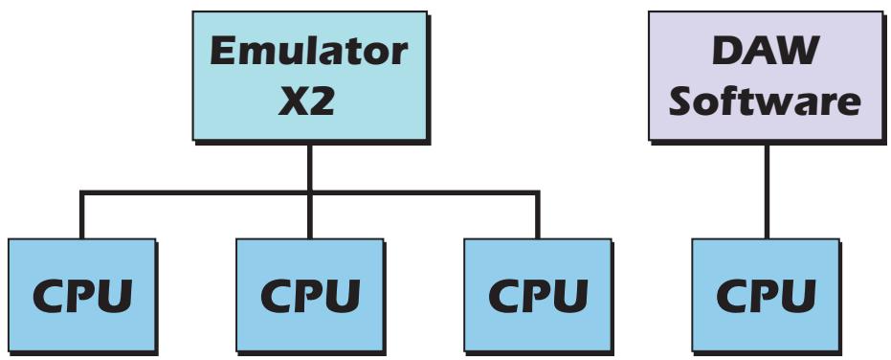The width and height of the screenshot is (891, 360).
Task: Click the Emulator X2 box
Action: click(307, 77)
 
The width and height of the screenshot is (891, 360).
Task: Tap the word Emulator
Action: click(307, 53)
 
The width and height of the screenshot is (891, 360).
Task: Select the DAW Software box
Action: click(765, 77)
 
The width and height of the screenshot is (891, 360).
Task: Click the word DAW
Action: click(765, 53)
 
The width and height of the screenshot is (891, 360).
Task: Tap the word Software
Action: click(765, 101)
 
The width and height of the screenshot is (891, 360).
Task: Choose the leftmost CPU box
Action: click(80, 295)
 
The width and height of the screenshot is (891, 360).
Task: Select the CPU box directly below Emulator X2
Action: click(308, 295)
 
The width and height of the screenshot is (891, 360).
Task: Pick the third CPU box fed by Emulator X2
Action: click(536, 295)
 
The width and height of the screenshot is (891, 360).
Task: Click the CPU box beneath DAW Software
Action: click(765, 295)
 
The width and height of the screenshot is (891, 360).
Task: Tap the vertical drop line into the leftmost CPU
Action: click(80, 216)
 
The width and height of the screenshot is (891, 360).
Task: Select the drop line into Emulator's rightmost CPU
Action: click(536, 216)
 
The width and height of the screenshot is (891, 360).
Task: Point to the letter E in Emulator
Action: click(223, 53)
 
